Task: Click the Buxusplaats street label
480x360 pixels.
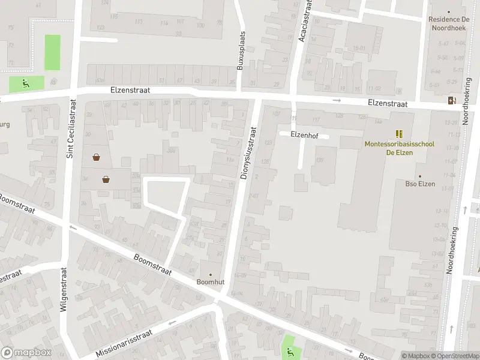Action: [241, 50]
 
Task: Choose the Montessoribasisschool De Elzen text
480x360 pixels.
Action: [399, 148]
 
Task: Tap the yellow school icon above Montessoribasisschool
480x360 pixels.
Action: [399, 133]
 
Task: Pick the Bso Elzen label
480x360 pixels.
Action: [420, 184]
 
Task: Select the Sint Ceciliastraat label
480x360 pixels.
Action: [70, 128]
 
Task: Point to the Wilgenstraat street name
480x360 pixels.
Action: [64, 289]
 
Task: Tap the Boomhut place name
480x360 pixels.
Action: [210, 282]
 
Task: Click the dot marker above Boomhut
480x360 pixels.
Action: [210, 274]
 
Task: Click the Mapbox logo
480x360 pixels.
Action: [26, 353]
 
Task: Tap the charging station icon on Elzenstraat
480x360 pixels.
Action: [451, 100]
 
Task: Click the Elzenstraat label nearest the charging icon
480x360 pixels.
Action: [388, 103]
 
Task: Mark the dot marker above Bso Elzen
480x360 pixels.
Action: [420, 176]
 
